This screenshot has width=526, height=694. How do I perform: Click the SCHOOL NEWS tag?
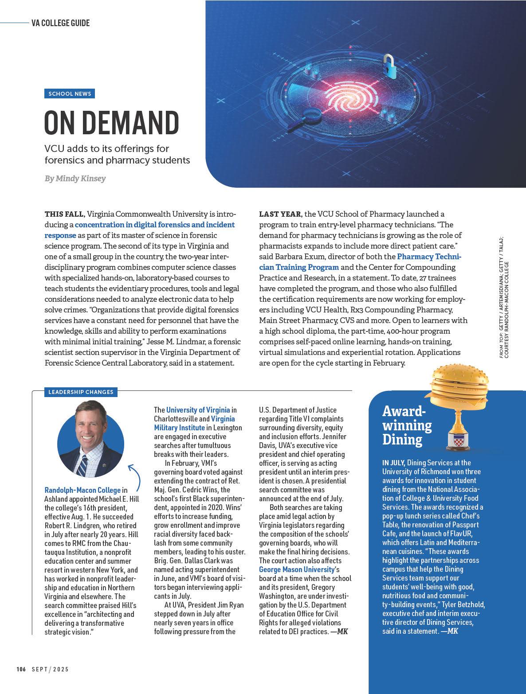click(x=70, y=94)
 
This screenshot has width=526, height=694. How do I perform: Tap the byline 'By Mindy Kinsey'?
click(x=75, y=179)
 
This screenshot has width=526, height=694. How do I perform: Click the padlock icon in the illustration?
click(x=389, y=65)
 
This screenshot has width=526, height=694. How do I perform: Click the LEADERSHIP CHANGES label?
click(x=81, y=392)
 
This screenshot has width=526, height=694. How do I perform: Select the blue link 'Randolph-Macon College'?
click(x=82, y=490)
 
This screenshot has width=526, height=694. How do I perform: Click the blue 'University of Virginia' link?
click(x=198, y=410)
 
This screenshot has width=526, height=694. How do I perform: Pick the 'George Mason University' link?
click(x=296, y=569)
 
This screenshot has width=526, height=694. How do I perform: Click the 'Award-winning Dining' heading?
click(x=407, y=425)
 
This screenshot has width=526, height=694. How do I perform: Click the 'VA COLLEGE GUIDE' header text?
click(x=61, y=23)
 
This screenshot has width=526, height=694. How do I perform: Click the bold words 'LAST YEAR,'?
click(x=281, y=214)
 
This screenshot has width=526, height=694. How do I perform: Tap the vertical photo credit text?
click(x=504, y=296)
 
